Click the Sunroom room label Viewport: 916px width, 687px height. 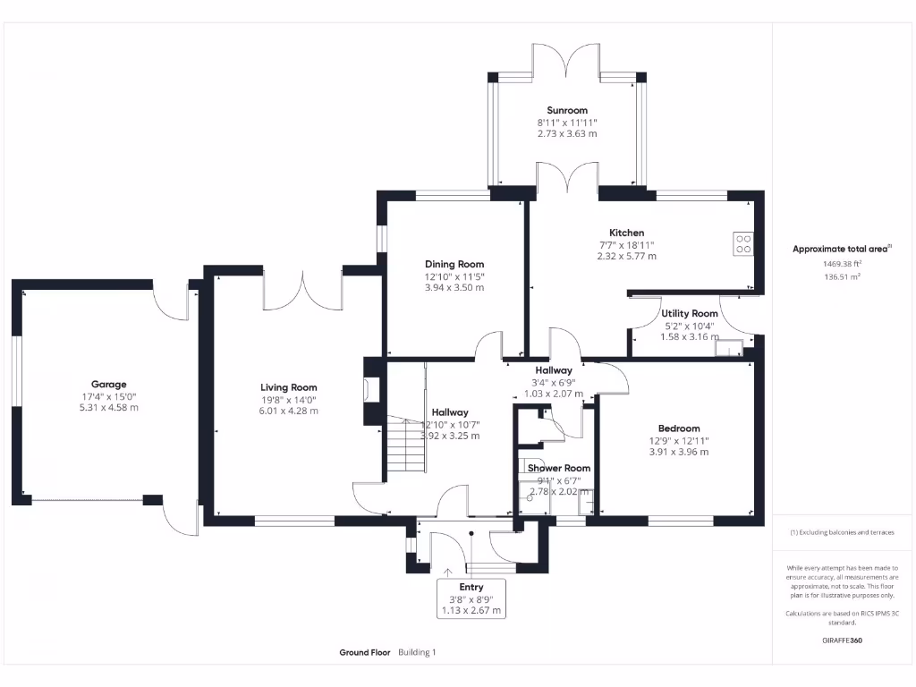click(x=567, y=111)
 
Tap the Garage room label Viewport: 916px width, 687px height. click(x=108, y=385)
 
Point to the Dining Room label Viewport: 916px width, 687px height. click(x=454, y=264)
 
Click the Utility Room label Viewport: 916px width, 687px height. click(x=690, y=314)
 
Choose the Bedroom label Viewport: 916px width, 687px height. click(x=679, y=428)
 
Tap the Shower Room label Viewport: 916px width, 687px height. click(x=559, y=468)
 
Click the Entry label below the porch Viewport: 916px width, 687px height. click(x=471, y=587)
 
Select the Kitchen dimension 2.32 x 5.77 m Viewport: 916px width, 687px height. click(x=626, y=256)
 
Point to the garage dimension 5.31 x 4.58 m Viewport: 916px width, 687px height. click(x=108, y=408)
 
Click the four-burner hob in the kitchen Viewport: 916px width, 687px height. click(x=743, y=244)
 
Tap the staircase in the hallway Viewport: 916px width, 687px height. click(x=403, y=447)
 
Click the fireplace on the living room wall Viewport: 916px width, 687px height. click(x=371, y=389)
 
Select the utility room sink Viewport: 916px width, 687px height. click(x=732, y=348)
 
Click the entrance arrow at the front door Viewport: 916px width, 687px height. click(x=447, y=571)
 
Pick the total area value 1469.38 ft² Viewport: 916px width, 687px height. click(x=842, y=264)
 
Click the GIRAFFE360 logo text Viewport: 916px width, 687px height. click(x=842, y=640)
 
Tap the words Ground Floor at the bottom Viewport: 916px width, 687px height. click(x=365, y=653)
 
